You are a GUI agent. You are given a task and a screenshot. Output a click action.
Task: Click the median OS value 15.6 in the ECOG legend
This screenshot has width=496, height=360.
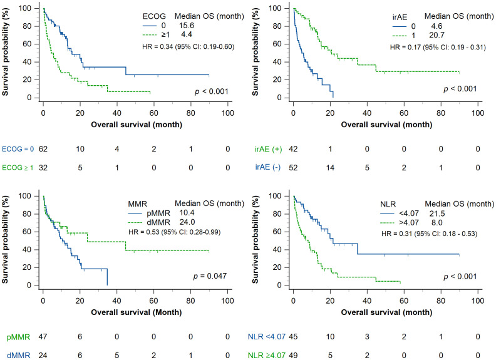(187, 26)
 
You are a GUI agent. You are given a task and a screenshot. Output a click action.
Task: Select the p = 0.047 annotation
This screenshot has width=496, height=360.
(210, 276)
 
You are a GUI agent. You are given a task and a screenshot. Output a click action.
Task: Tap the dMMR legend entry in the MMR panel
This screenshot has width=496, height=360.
(158, 222)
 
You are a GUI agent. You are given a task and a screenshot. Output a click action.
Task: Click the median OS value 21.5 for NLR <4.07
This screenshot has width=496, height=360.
(437, 214)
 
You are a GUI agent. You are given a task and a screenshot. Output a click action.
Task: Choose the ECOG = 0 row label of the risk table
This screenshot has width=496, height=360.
(18, 149)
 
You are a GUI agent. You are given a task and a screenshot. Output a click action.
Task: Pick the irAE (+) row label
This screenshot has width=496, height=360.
(268, 149)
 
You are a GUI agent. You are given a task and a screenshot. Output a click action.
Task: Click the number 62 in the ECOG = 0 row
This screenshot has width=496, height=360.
(43, 149)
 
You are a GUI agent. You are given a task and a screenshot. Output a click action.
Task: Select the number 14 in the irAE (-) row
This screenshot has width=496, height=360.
(330, 168)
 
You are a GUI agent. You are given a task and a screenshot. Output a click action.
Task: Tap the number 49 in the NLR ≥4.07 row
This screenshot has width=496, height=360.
(293, 356)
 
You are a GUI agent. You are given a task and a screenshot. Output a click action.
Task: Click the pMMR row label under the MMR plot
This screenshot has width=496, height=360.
(18, 337)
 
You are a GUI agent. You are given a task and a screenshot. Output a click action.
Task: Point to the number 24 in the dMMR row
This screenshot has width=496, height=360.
(43, 356)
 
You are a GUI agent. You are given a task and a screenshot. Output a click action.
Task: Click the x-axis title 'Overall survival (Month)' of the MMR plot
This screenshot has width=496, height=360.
(137, 312)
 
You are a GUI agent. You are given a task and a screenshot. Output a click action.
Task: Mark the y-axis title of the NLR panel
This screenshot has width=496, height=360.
(256, 239)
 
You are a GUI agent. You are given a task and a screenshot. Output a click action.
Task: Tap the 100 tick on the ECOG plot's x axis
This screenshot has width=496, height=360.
(228, 113)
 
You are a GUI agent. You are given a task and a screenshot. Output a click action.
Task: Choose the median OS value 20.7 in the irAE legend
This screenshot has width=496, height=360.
(437, 35)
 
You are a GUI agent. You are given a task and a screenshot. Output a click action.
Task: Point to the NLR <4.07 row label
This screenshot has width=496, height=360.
(267, 337)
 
